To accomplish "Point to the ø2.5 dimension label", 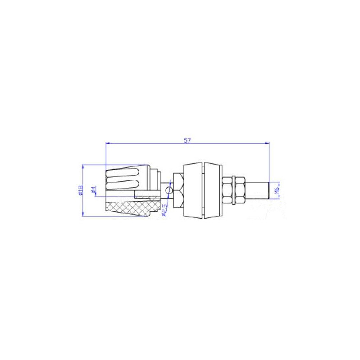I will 165,210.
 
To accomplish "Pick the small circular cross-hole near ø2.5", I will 168,191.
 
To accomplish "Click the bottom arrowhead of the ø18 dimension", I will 83,215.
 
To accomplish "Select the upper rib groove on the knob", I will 123,174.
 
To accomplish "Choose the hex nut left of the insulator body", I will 177,191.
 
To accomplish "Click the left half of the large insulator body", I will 193,191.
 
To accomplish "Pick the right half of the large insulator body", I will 213,191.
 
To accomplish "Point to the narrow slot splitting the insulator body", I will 203,191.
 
